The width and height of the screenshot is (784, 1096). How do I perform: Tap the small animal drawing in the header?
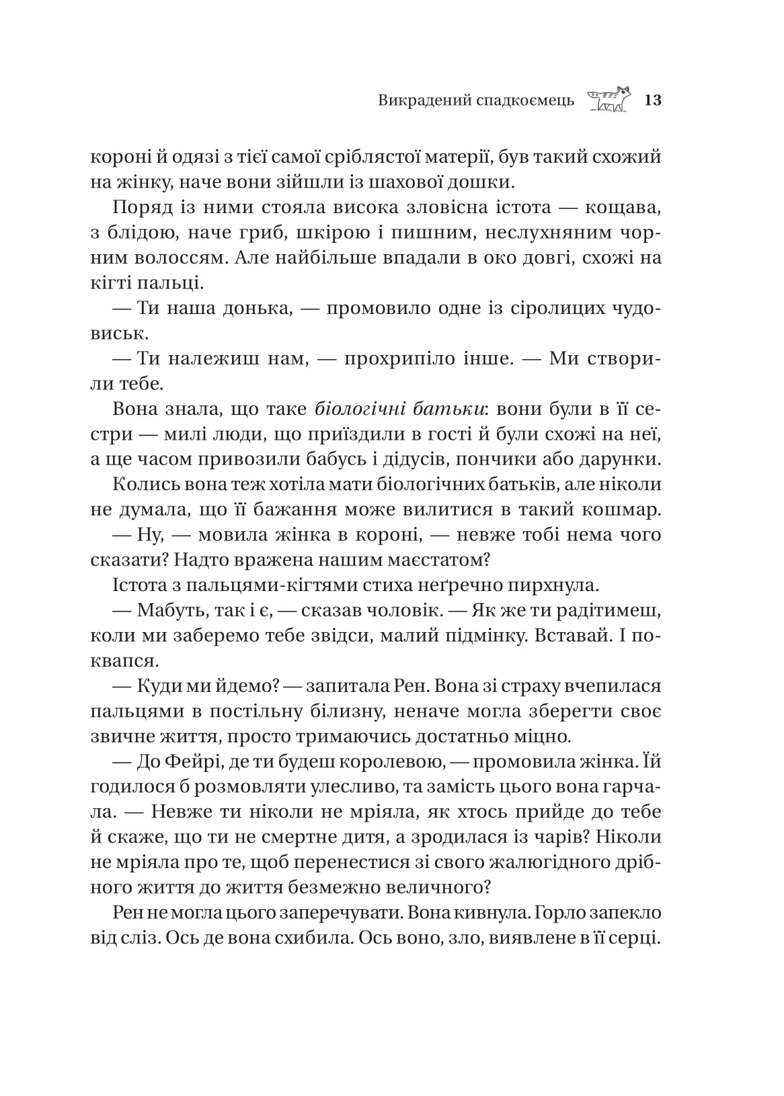coord(609,100)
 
